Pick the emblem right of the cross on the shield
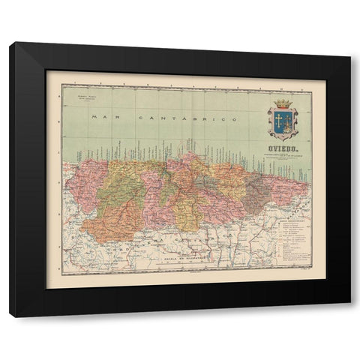click(x=289, y=120)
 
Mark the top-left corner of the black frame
click(x=10, y=43)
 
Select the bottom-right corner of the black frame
click(x=349, y=316)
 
